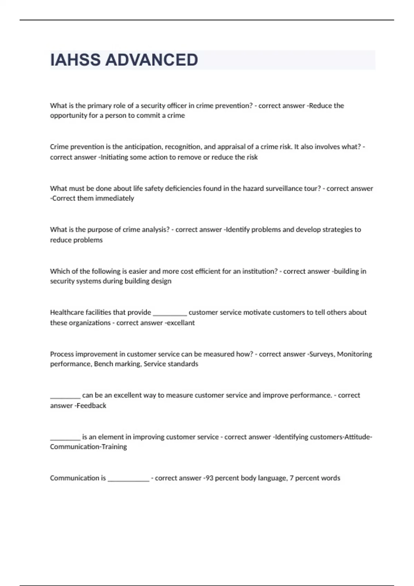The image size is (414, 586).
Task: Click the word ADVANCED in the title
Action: tap(151, 60)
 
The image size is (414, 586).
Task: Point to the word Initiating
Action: tap(114, 157)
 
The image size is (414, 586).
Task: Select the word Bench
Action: tap(103, 364)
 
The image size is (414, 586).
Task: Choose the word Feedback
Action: tap(91, 406)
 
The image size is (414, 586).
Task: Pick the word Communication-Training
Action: tap(88, 447)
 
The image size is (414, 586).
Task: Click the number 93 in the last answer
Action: tap(209, 478)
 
